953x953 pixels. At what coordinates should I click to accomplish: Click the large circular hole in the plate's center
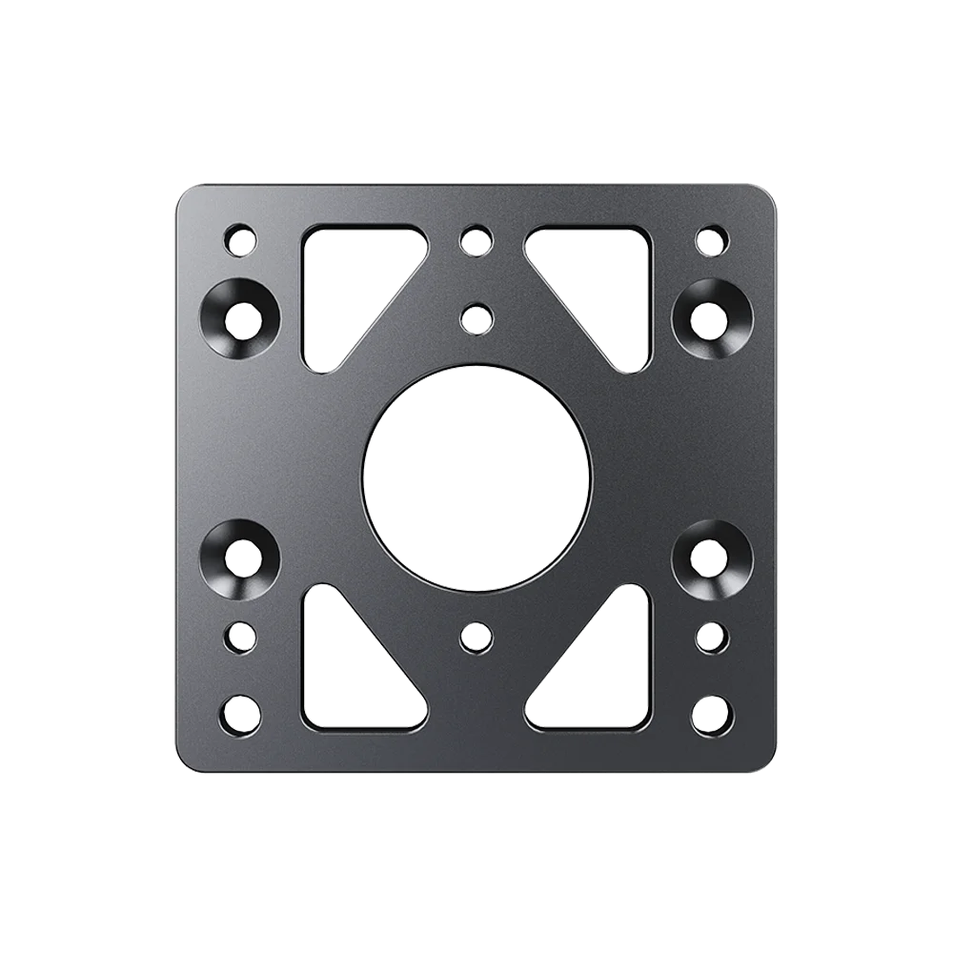(x=476, y=475)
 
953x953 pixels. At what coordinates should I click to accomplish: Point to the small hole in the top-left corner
(x=241, y=238)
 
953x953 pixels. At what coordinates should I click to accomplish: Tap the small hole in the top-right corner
(x=710, y=238)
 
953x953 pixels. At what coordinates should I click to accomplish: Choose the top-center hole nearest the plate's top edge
(x=473, y=239)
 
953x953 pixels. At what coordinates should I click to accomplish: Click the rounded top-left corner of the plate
(x=187, y=195)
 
